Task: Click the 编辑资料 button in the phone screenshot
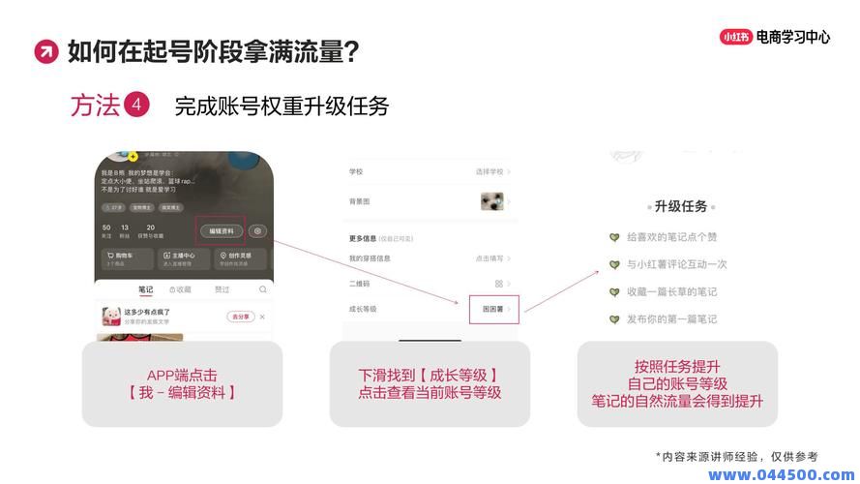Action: coord(222,231)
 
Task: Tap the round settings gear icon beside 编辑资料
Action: coord(257,231)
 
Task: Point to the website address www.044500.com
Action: coord(782,474)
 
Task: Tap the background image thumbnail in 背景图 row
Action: coord(491,201)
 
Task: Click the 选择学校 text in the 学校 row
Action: coord(489,171)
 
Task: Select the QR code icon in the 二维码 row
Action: coord(498,284)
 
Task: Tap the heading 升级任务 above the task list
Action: coord(681,206)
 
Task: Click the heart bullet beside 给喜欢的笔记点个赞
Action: coord(614,237)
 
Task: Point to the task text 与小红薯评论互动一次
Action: coord(676,264)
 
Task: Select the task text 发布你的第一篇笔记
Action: coord(671,318)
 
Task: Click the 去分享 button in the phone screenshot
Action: coord(240,317)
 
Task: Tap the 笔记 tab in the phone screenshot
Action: coord(145,289)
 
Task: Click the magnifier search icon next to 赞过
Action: coord(262,289)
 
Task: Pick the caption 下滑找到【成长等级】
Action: coord(430,375)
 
